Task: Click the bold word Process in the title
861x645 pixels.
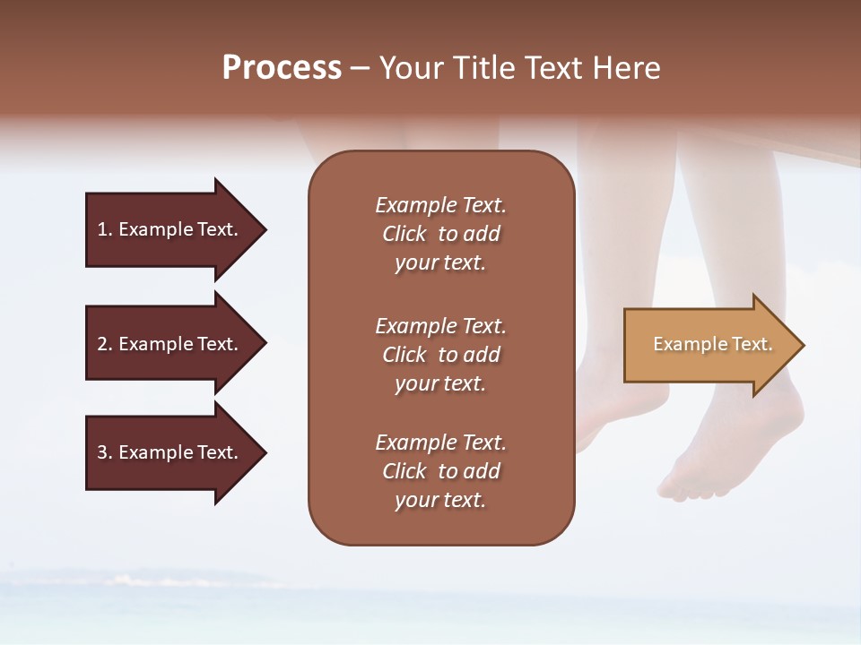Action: [x=282, y=68]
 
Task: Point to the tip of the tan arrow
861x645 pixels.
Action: [x=802, y=345]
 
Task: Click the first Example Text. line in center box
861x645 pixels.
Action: [x=440, y=205]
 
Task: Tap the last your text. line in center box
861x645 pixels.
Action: [x=440, y=500]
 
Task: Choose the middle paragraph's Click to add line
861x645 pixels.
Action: [x=440, y=355]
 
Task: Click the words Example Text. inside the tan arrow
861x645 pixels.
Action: [x=712, y=344]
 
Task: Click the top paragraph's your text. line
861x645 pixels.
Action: [x=440, y=262]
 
